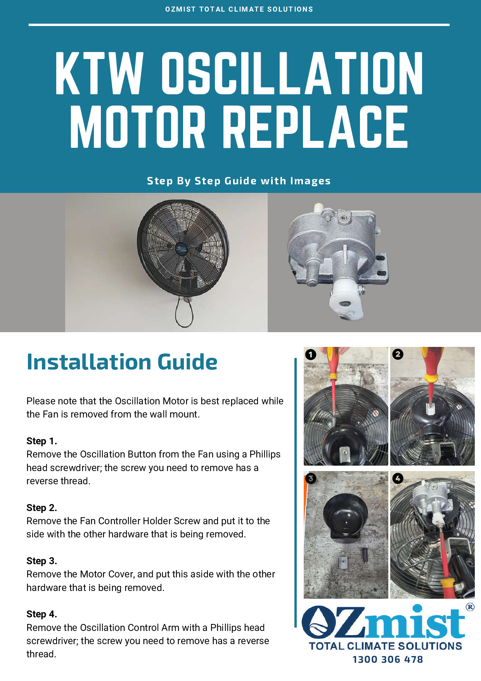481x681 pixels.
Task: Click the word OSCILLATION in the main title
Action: click(x=292, y=74)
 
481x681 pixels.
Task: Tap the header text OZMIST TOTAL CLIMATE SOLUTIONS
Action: click(x=239, y=9)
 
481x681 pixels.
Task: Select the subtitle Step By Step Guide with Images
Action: click(x=239, y=181)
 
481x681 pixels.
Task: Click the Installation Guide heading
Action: click(x=122, y=362)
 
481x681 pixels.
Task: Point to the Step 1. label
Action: click(x=42, y=441)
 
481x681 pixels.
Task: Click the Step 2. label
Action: click(x=42, y=508)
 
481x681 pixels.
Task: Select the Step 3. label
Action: click(x=42, y=561)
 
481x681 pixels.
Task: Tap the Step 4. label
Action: click(x=42, y=614)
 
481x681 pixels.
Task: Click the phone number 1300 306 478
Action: click(x=388, y=659)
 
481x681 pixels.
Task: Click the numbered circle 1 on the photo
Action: click(x=311, y=354)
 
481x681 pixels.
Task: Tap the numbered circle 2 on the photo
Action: click(x=398, y=354)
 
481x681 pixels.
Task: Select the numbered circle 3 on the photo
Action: click(x=311, y=478)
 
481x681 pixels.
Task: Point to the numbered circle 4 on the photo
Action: click(x=398, y=478)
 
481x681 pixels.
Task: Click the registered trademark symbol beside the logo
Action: click(x=470, y=607)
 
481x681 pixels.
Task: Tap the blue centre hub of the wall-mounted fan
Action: click(x=181, y=248)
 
